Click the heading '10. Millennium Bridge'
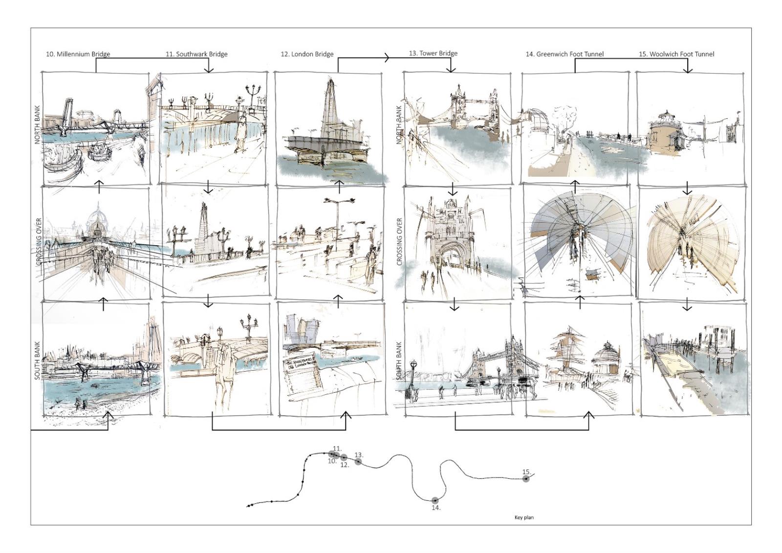point(78,54)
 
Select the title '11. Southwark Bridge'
point(196,54)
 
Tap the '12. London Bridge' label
point(307,54)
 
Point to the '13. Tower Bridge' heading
point(433,53)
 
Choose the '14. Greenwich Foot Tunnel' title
point(565,54)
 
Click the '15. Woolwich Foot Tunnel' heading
point(676,54)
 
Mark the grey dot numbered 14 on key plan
point(435,500)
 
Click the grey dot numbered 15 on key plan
point(526,479)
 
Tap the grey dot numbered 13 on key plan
point(358,462)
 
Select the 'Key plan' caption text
point(524,517)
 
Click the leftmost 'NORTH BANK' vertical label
point(37,125)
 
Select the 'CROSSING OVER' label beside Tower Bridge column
point(399,242)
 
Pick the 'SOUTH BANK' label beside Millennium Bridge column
point(37,361)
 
